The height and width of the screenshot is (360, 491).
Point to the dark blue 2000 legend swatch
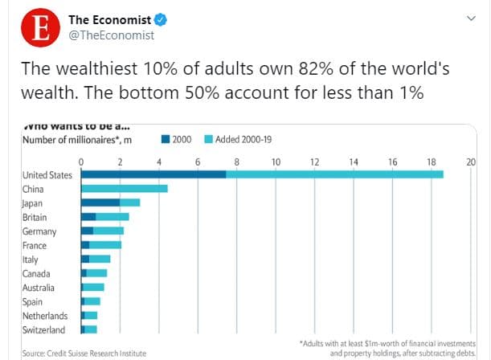[166, 139]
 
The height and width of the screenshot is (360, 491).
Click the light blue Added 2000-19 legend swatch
[209, 139]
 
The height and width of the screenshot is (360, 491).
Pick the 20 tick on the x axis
[471, 162]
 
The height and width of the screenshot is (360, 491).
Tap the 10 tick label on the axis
[276, 162]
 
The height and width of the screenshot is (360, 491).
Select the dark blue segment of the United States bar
[153, 174]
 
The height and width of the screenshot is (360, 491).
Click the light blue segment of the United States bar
[334, 174]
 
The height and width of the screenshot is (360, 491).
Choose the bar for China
[125, 189]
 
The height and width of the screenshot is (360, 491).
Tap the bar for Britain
[105, 217]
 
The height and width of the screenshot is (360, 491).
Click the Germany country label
[39, 231]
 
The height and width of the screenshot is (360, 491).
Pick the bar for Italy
[96, 260]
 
